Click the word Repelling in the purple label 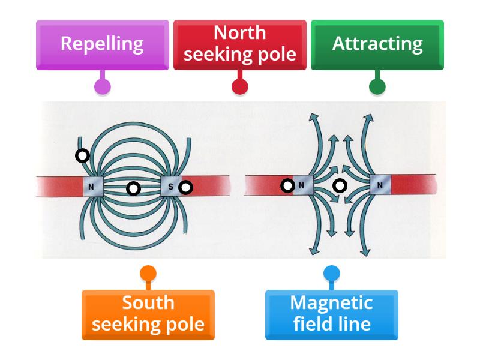pos(102,43)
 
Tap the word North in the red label pos(239,32)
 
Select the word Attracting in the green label pos(377,43)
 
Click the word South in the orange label pos(148,303)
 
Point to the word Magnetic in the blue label pos(331,303)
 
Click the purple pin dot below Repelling pos(103,86)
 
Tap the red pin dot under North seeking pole pos(240,86)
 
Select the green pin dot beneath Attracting pos(377,86)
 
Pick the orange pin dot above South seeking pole pos(148,274)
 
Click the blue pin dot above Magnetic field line pos(331,274)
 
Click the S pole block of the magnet pos(170,187)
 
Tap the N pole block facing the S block pos(94,187)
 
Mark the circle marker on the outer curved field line pos(82,156)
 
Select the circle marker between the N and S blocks pos(134,189)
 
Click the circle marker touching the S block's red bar pos(186,188)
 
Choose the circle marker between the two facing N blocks pos(340,186)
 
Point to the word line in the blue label pos(357,325)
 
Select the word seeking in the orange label pos(124,325)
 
